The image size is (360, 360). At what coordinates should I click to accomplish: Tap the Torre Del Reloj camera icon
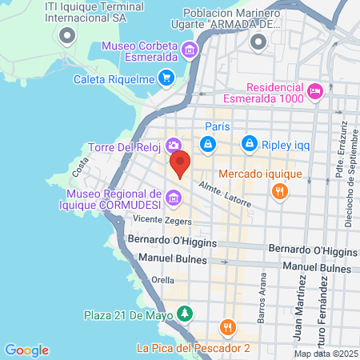[173, 145]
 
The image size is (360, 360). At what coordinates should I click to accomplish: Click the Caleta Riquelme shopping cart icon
[166, 78]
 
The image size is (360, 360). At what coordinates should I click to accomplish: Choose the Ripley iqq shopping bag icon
[250, 144]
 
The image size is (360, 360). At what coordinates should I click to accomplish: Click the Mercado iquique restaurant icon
[279, 191]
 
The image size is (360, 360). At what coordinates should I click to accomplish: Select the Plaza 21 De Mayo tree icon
[185, 312]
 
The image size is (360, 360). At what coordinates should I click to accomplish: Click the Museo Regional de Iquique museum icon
[174, 197]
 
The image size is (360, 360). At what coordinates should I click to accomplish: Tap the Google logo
[26, 350]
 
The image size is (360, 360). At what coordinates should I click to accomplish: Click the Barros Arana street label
[262, 296]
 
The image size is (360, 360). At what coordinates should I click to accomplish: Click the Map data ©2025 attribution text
[326, 353]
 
